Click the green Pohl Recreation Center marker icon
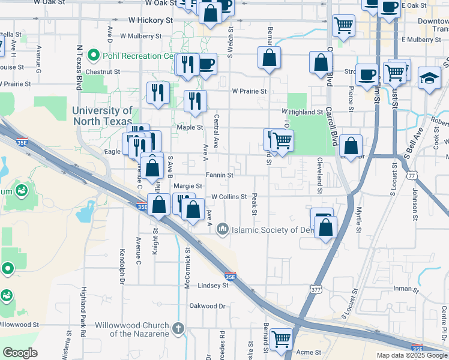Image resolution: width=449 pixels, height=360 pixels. pos(93,56)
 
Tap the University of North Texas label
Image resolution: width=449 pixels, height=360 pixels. pos(102,115)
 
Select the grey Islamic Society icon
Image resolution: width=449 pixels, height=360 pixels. pos(223,229)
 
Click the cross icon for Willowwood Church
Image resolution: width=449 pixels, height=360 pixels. pos(178,328)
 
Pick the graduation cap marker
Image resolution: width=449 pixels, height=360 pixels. pos(429,79)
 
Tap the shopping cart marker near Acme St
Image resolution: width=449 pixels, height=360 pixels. pos(281,339)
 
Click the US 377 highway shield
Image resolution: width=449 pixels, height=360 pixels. pos(316,290)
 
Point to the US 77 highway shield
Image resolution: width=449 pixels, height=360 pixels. pos(411,175)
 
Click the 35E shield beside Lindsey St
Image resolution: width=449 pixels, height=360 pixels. pos(231,277)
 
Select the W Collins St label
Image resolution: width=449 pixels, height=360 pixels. pos(229,197)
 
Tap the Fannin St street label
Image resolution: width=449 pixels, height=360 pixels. pos(219,175)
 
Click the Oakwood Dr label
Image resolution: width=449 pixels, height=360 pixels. pos(207,306)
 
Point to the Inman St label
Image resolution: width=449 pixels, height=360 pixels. pos(402,289)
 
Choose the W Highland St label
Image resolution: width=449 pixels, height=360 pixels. pos(303,112)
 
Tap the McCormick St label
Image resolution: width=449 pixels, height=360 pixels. pos(188,271)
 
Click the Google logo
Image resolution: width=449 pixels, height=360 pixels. pos(20,353)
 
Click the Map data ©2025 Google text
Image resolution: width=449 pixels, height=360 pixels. pos(411,355)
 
